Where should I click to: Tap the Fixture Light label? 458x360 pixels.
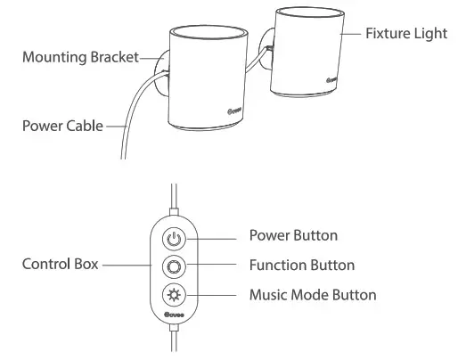tap(406, 33)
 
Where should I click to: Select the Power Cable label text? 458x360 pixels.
tap(62, 125)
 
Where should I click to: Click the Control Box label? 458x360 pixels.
tap(58, 265)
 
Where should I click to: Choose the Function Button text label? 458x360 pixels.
tap(301, 265)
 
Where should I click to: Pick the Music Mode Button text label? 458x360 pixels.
tap(312, 294)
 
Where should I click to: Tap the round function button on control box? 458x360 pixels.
tap(174, 266)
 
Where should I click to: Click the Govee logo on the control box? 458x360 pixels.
tap(174, 316)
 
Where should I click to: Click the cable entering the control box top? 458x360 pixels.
tap(174, 200)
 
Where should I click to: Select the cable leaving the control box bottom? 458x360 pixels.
tap(174, 343)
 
